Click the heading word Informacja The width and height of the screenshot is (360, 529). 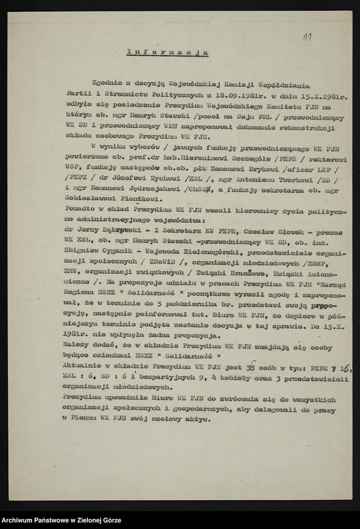(x=167, y=52)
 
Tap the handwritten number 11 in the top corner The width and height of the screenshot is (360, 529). (x=307, y=38)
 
